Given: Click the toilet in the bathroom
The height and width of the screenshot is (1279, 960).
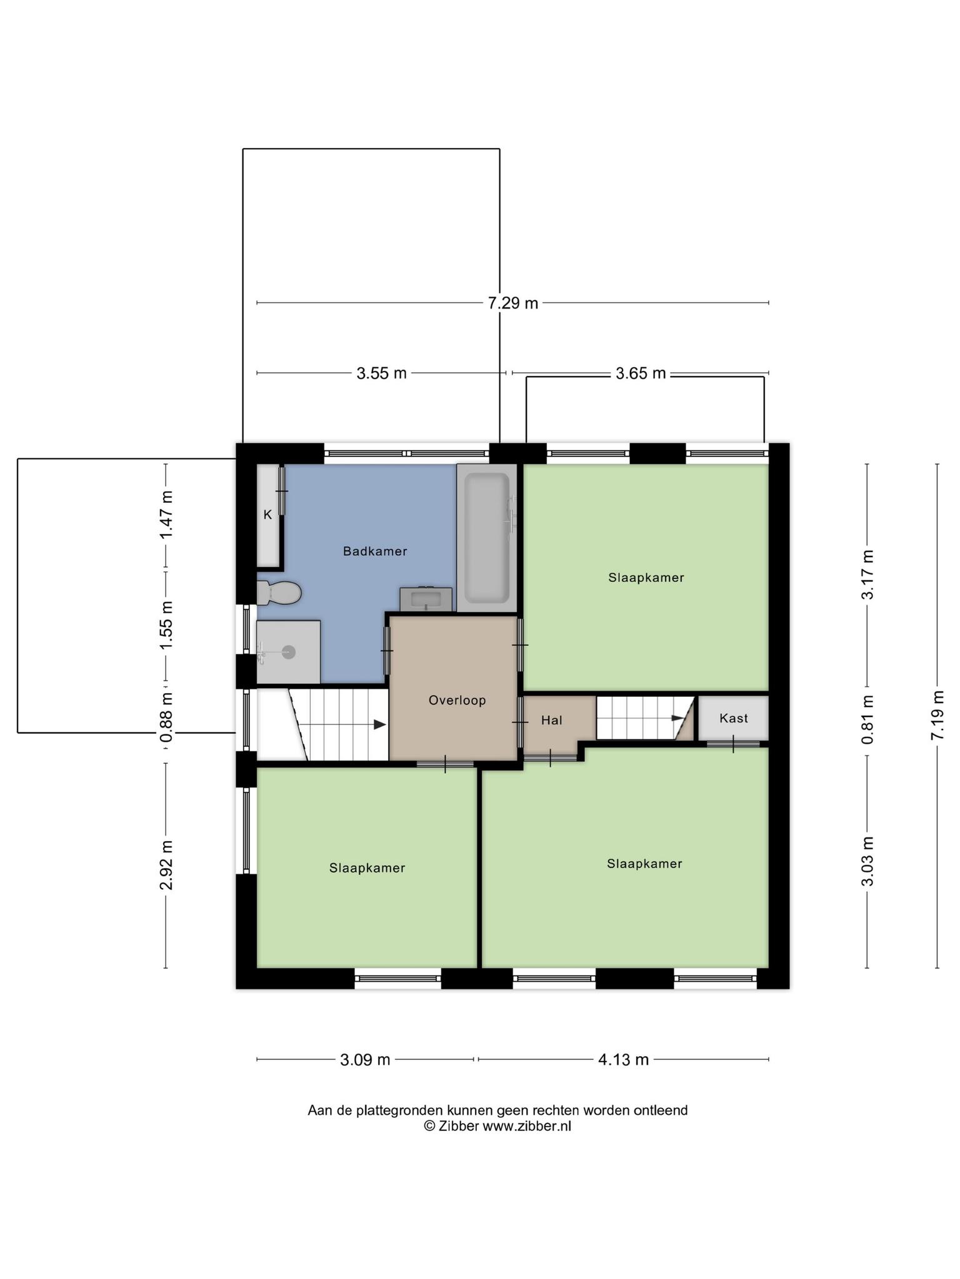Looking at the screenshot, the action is click(279, 593).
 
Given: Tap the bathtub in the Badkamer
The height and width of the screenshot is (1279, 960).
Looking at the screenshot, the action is click(487, 538).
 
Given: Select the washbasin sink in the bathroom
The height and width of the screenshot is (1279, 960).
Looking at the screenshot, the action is click(426, 600).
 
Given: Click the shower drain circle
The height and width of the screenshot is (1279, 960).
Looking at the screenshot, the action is click(289, 652).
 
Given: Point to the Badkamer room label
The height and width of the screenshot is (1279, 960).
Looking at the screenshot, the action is click(375, 551).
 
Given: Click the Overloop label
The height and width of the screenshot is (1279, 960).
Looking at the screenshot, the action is click(457, 701).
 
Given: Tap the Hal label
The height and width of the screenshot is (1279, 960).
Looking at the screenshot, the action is click(552, 720).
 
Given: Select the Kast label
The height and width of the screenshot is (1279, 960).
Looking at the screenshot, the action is click(734, 718).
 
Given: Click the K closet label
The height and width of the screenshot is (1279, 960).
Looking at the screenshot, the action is click(267, 515).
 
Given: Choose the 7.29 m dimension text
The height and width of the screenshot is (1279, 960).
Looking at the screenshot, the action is click(512, 304).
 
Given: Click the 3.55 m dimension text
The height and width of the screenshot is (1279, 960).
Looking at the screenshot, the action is click(381, 373).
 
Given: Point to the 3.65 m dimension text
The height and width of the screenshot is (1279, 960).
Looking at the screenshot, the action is click(641, 373).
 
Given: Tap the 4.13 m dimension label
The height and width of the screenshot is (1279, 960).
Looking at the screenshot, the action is click(623, 1060).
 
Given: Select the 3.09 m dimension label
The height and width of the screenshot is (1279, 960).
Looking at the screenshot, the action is click(365, 1060).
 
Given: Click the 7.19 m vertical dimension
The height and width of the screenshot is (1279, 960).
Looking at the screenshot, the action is click(937, 715).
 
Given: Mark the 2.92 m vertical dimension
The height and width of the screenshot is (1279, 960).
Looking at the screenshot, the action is click(166, 865).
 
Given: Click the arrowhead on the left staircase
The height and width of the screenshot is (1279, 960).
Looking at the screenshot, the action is click(380, 724).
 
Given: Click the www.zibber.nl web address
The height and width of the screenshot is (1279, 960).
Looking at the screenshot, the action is click(527, 1126).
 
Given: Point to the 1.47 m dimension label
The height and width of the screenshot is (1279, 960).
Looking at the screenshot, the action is click(166, 515).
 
